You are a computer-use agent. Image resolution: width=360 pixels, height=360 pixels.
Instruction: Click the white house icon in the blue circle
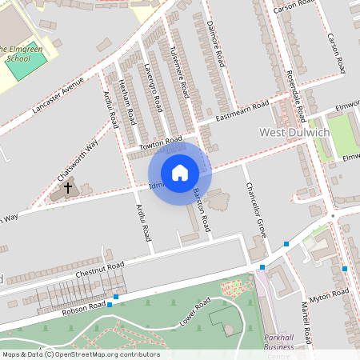coord(180,173)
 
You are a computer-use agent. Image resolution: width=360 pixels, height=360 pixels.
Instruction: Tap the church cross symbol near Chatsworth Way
coord(68,188)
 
